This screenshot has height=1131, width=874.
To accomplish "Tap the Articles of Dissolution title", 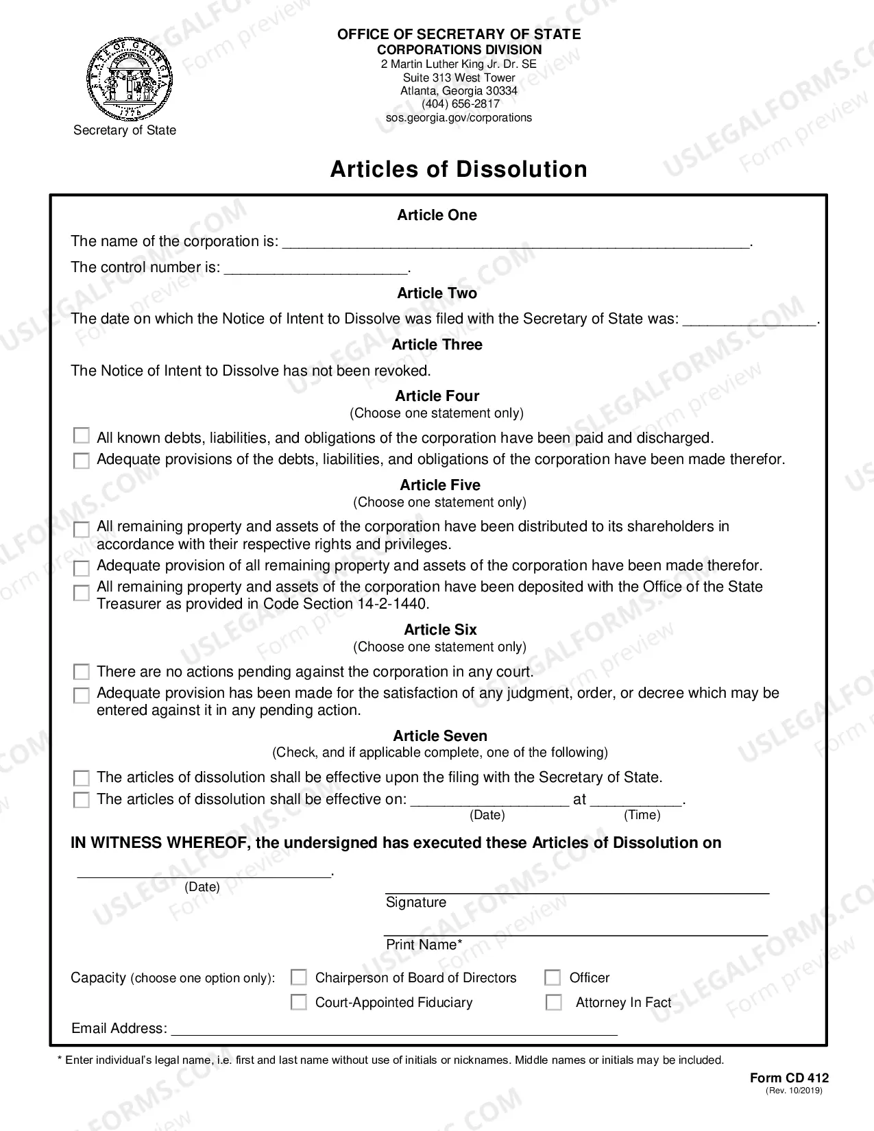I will click(x=459, y=169).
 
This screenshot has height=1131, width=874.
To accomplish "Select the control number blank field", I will click(x=316, y=268).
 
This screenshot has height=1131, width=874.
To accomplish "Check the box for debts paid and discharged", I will click(x=81, y=436).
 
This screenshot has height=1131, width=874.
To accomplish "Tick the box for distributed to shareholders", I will click(x=81, y=529).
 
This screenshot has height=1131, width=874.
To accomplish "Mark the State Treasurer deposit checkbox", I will click(x=81, y=592).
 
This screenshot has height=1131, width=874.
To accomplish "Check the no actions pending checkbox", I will click(x=81, y=671).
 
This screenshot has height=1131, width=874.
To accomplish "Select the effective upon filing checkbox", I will click(x=81, y=778).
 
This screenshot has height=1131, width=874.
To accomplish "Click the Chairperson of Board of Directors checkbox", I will click(x=298, y=977).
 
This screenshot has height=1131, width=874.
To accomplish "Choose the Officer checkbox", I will click(x=553, y=977).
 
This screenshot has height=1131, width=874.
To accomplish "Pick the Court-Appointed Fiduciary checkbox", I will click(x=298, y=1002).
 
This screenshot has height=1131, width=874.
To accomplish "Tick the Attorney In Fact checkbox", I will click(x=553, y=1002).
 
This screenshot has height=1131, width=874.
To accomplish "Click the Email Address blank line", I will click(x=394, y=1029).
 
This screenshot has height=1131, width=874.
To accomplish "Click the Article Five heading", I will click(x=440, y=485).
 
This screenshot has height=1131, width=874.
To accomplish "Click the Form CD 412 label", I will click(x=789, y=1078).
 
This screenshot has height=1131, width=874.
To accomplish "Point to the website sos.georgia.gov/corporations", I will click(x=459, y=118).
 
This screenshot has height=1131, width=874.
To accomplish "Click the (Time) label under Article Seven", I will click(x=642, y=815).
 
